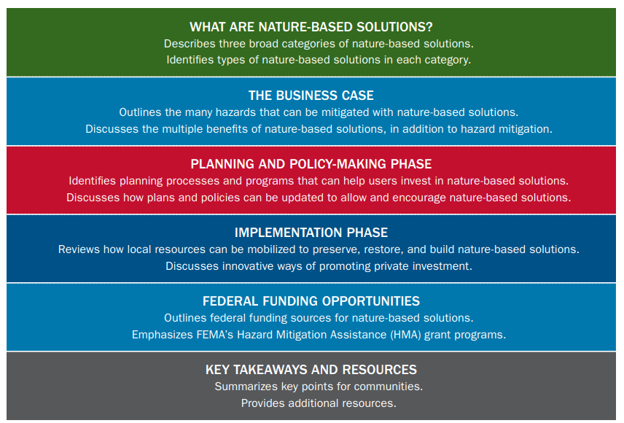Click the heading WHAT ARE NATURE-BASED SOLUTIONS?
(x=311, y=27)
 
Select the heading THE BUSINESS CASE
(x=311, y=96)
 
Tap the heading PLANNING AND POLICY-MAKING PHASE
(x=311, y=164)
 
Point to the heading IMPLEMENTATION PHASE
(x=311, y=233)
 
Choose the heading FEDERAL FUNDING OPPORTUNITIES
(x=311, y=301)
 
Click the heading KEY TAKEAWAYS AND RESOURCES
(x=311, y=370)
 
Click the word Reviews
(x=79, y=249)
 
